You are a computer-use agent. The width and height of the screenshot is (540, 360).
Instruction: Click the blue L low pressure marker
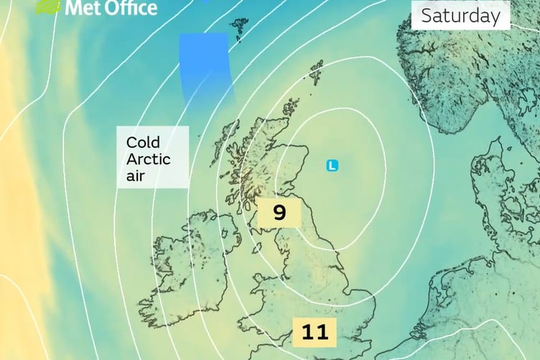(332, 166)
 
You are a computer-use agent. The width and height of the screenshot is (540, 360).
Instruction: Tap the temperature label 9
(279, 213)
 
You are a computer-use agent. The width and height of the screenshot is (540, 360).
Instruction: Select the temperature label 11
(315, 332)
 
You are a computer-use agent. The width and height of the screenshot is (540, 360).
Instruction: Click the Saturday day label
(460, 16)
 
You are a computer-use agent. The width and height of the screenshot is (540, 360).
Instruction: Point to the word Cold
(143, 142)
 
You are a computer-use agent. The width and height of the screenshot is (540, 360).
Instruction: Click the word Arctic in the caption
(145, 158)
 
